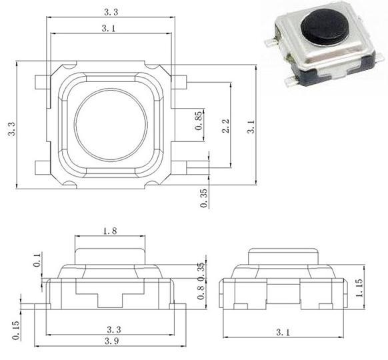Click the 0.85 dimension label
[199, 121]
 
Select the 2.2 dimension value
[226, 126]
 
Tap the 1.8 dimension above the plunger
[110, 231]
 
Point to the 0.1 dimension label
[37, 260]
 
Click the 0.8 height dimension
[201, 292]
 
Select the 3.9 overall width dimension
[111, 341]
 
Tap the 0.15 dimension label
[15, 331]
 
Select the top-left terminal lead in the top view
[43, 82]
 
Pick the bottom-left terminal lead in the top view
[43, 167]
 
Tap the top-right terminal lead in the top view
[179, 82]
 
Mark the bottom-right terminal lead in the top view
[179, 167]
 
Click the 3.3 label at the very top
[111, 12]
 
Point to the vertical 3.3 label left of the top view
[11, 129]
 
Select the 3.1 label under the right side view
[283, 332]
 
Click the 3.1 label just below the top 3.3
[109, 29]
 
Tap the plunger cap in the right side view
[283, 256]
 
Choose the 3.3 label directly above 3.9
[114, 329]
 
